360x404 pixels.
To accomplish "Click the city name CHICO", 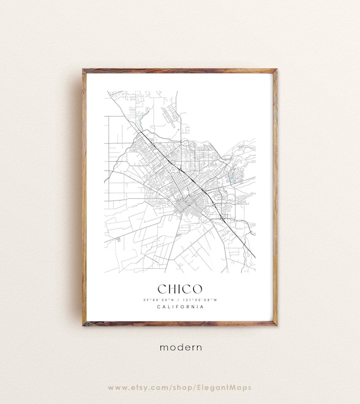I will tap(180, 289).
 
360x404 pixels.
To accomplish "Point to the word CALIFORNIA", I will tap(180, 307).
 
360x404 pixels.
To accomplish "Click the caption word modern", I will tap(180, 347).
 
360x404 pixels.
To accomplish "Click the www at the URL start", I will tap(116, 387).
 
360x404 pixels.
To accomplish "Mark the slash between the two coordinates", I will tap(180, 300).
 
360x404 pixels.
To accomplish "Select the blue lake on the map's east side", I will tap(232, 179).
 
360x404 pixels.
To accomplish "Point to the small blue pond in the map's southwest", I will tap(118, 239).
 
